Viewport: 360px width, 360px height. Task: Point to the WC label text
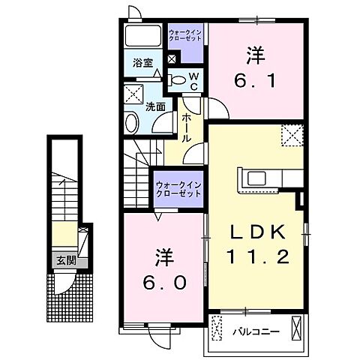(193, 80)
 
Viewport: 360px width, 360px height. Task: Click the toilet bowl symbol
(177, 79)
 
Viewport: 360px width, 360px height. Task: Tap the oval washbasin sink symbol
(133, 124)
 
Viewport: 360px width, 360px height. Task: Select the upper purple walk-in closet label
(184, 34)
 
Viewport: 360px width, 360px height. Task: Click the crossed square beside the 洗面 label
(134, 93)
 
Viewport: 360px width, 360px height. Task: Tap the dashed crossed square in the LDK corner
(292, 136)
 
